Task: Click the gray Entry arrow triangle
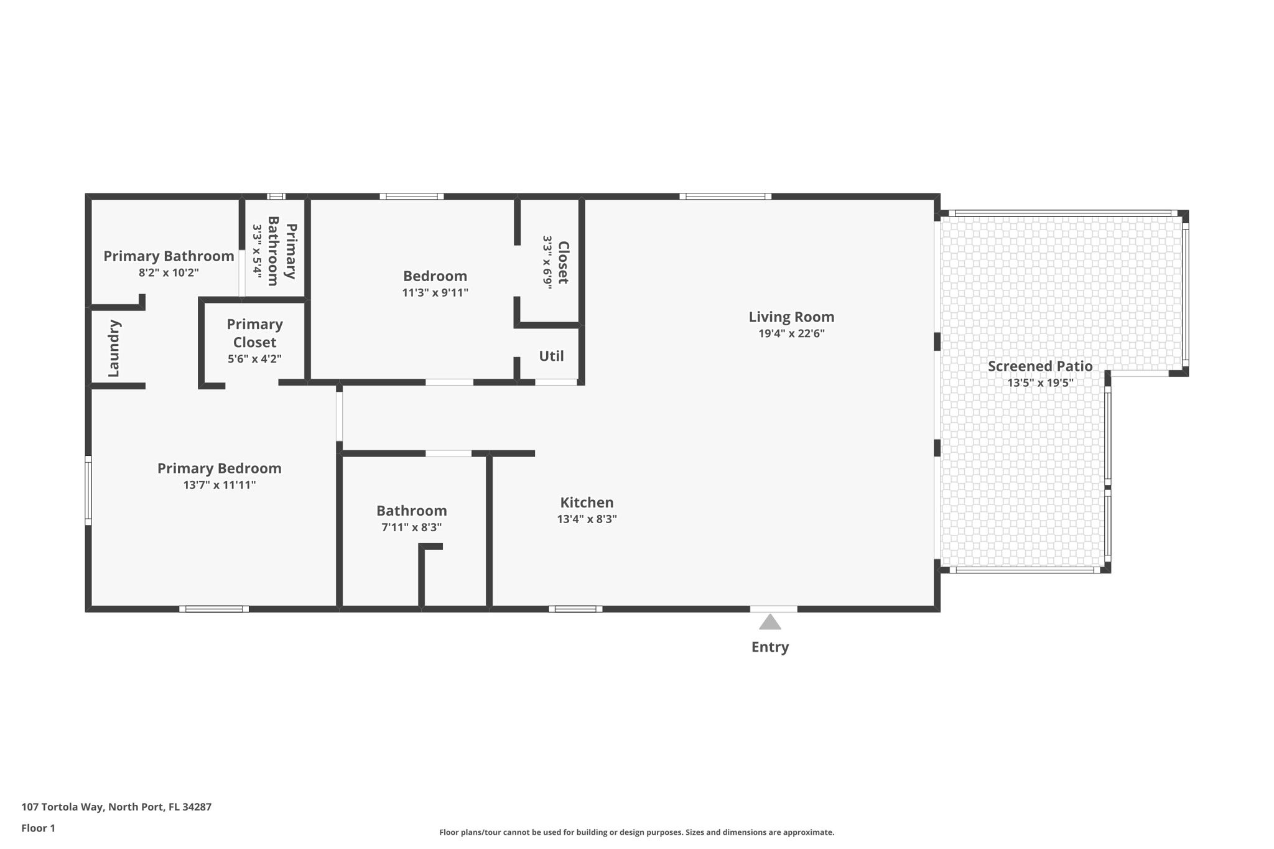770,623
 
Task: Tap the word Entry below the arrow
770,647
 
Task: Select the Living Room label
791,317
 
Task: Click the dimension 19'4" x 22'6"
791,333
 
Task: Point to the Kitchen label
587,503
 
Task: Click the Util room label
551,356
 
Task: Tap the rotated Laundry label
114,348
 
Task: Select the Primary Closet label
254,333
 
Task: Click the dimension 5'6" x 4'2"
254,359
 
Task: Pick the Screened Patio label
1040,366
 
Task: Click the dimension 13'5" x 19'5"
1040,383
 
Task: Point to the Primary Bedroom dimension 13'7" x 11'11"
219,485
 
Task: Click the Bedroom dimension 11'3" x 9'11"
435,292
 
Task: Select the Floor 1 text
38,828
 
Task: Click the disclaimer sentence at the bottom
636,832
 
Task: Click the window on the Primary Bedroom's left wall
88,490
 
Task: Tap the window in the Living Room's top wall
725,197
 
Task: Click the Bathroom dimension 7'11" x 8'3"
411,527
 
